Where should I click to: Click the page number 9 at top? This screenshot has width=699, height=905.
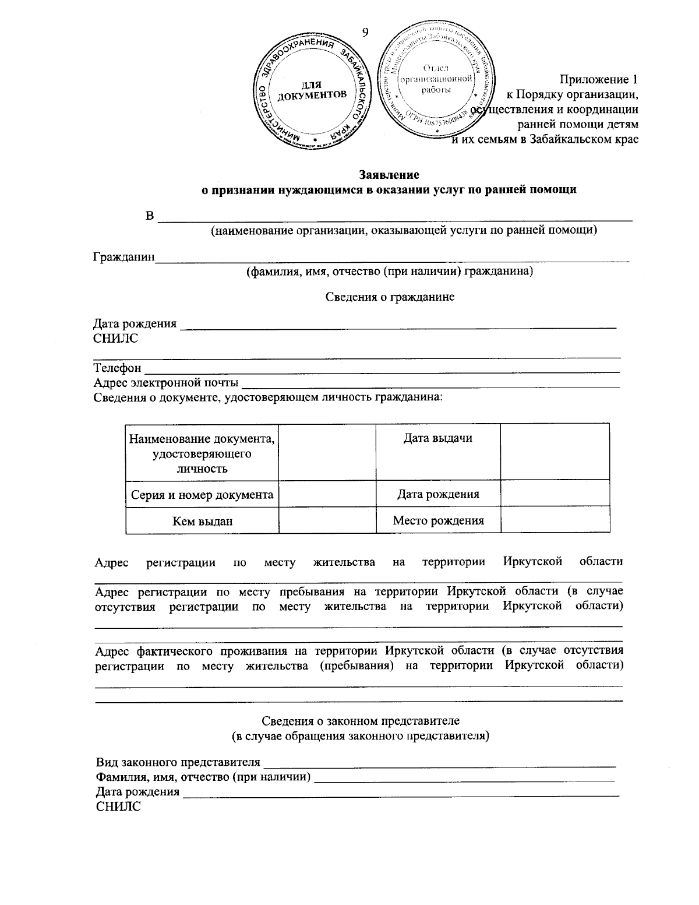tap(365, 32)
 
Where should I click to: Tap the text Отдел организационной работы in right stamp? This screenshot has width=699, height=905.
tap(436, 79)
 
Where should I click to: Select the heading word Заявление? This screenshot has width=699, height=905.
tap(389, 175)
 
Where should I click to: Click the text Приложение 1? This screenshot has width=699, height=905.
tap(599, 79)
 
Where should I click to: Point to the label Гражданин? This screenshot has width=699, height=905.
tap(124, 257)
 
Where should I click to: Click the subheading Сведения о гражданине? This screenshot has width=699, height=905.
tap(389, 297)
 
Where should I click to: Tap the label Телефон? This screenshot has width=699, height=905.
tap(117, 368)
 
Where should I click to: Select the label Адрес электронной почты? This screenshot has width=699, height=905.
tap(166, 383)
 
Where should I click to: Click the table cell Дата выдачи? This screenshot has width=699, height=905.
tap(438, 439)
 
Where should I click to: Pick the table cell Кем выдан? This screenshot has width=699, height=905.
tap(202, 521)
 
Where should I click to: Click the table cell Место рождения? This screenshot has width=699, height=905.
tap(438, 521)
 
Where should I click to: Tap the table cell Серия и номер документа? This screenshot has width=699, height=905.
tap(202, 495)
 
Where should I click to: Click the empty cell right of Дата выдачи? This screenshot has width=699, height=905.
tap(555, 452)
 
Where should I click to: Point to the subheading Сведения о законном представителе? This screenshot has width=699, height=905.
tap(361, 721)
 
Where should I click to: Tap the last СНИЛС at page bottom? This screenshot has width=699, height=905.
tap(118, 807)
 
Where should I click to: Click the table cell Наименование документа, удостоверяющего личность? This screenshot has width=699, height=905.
tap(202, 453)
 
